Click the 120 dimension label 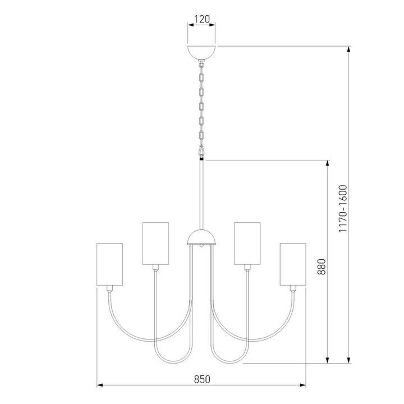(201, 19)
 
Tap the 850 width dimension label (201, 378)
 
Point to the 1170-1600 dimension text (343, 209)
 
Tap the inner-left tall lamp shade (155, 244)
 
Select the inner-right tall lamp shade (247, 244)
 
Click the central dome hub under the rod (201, 238)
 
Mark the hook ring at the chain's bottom (201, 150)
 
